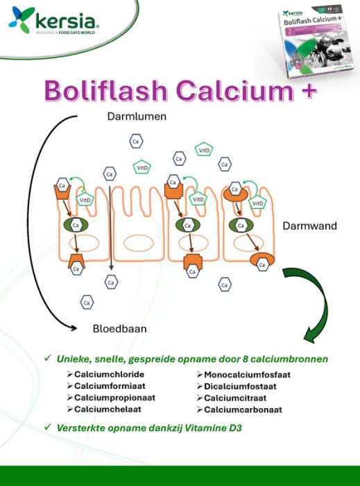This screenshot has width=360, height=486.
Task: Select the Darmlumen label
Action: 137,117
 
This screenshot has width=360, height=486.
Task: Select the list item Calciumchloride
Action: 109,375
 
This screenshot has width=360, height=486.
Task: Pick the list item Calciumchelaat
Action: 106,409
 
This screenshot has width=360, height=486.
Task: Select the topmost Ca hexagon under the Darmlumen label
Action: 136,142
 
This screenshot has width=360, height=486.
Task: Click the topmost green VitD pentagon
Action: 204,150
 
